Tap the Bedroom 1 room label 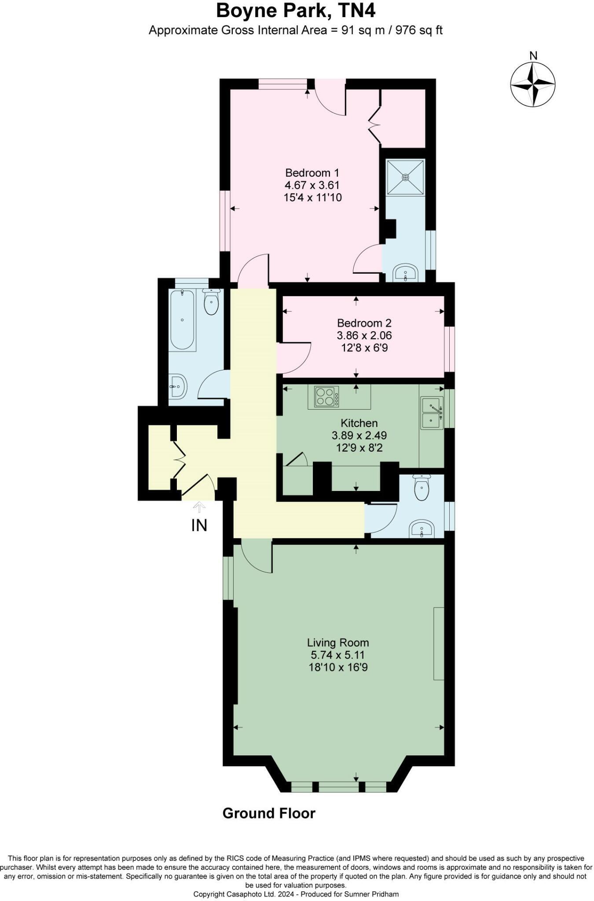(312, 172)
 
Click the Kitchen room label (359, 423)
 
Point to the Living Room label (338, 642)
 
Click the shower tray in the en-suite (405, 177)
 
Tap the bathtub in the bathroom (182, 320)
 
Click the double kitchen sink (432, 413)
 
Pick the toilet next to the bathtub (212, 303)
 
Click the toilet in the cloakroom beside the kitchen (422, 488)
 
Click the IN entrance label (199, 525)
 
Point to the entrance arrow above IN (199, 507)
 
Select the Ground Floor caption (269, 813)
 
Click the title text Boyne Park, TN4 (296, 11)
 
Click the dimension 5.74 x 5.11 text (338, 655)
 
